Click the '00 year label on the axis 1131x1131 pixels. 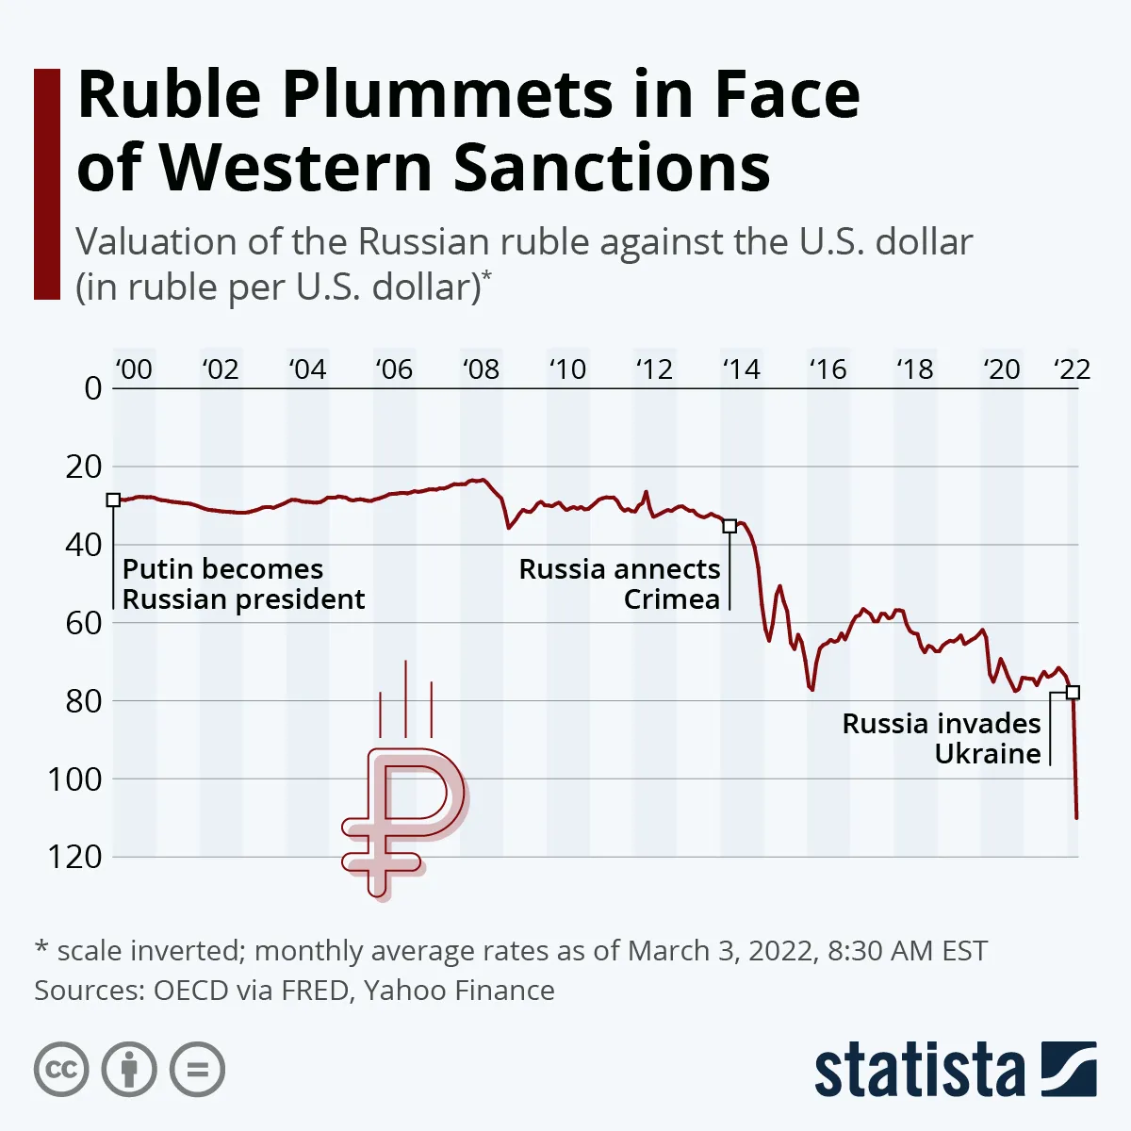click(x=133, y=369)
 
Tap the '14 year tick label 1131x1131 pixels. click(x=741, y=369)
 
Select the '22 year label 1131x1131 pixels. click(x=1072, y=369)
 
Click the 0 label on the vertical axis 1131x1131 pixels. click(x=92, y=388)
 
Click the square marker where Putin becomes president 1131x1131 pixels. click(x=113, y=500)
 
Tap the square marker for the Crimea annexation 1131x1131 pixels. click(x=729, y=526)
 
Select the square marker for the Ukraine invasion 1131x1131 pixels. click(x=1073, y=692)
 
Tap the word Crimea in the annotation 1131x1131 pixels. click(x=672, y=599)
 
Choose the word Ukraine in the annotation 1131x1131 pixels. click(x=988, y=754)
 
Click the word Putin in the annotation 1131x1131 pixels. click(x=157, y=569)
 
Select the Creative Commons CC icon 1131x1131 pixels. click(x=62, y=1070)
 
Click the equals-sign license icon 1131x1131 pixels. click(x=198, y=1070)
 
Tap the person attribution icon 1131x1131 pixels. click(x=130, y=1070)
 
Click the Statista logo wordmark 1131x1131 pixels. click(x=919, y=1072)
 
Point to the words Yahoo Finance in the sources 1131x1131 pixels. click(x=459, y=991)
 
